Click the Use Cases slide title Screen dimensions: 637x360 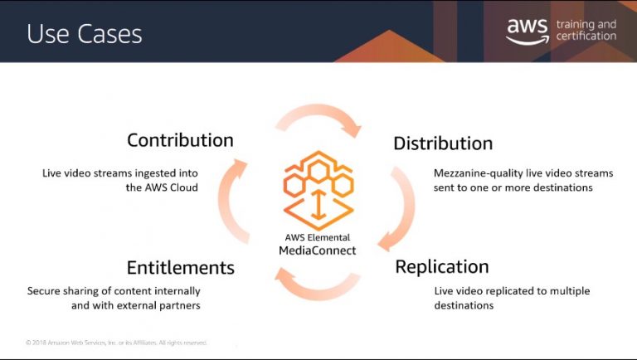(85, 33)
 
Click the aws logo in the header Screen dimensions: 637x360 (528, 31)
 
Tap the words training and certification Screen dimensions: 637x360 (586, 30)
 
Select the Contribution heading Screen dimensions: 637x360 (180, 140)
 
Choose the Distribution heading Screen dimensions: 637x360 (443, 144)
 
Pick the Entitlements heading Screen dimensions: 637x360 (181, 268)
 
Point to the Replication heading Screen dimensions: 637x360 (442, 267)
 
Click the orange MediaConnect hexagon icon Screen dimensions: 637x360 (318, 190)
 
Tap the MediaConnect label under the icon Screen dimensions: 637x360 (318, 251)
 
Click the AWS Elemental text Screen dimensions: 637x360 (318, 237)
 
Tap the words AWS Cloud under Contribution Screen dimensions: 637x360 (170, 187)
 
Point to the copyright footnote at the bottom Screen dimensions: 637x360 (116, 343)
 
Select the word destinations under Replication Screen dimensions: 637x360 (464, 305)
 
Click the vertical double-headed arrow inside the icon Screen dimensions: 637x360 (318, 204)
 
